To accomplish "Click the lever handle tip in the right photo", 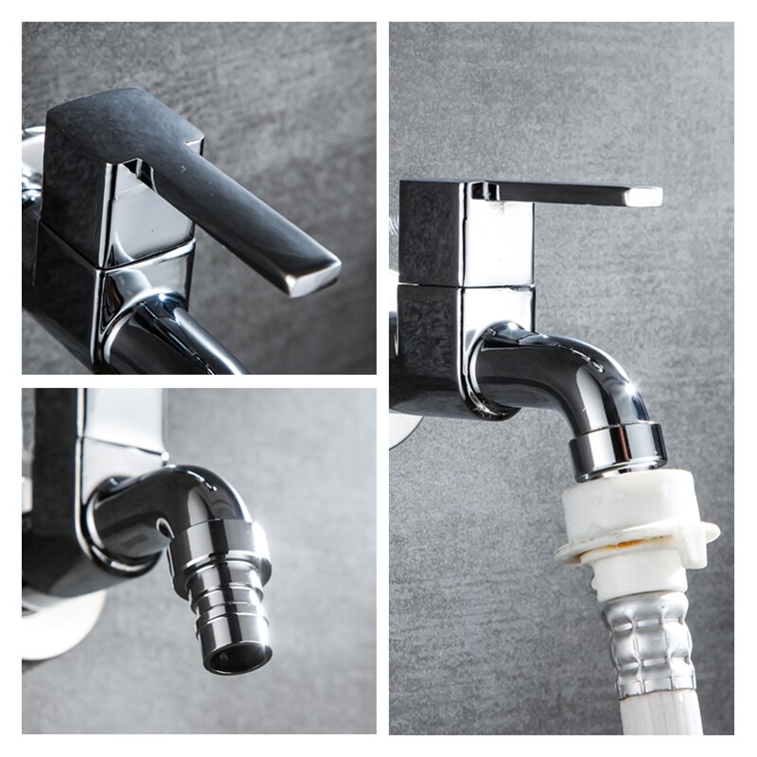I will point(643,197).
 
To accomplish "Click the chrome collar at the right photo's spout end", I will point(618,449).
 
